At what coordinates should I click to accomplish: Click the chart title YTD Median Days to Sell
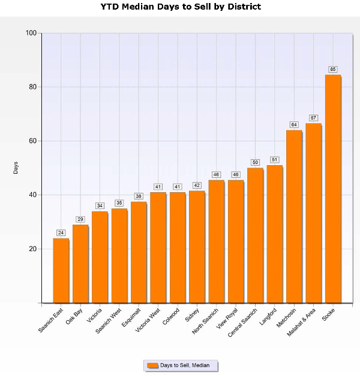181,7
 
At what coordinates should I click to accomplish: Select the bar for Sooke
333,189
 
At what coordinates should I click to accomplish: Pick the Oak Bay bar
80,264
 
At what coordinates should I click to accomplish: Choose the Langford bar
274,234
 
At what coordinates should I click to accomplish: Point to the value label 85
333,69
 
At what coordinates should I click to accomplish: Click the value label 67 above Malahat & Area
313,118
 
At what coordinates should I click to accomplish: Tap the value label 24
61,232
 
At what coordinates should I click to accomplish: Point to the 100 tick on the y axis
30,33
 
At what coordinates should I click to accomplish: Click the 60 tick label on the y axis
32,141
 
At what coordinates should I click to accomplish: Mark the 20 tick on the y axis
32,249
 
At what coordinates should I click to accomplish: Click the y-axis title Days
16,168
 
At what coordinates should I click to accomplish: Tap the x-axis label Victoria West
148,320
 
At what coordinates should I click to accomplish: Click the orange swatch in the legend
152,365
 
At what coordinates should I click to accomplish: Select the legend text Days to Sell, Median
185,365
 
